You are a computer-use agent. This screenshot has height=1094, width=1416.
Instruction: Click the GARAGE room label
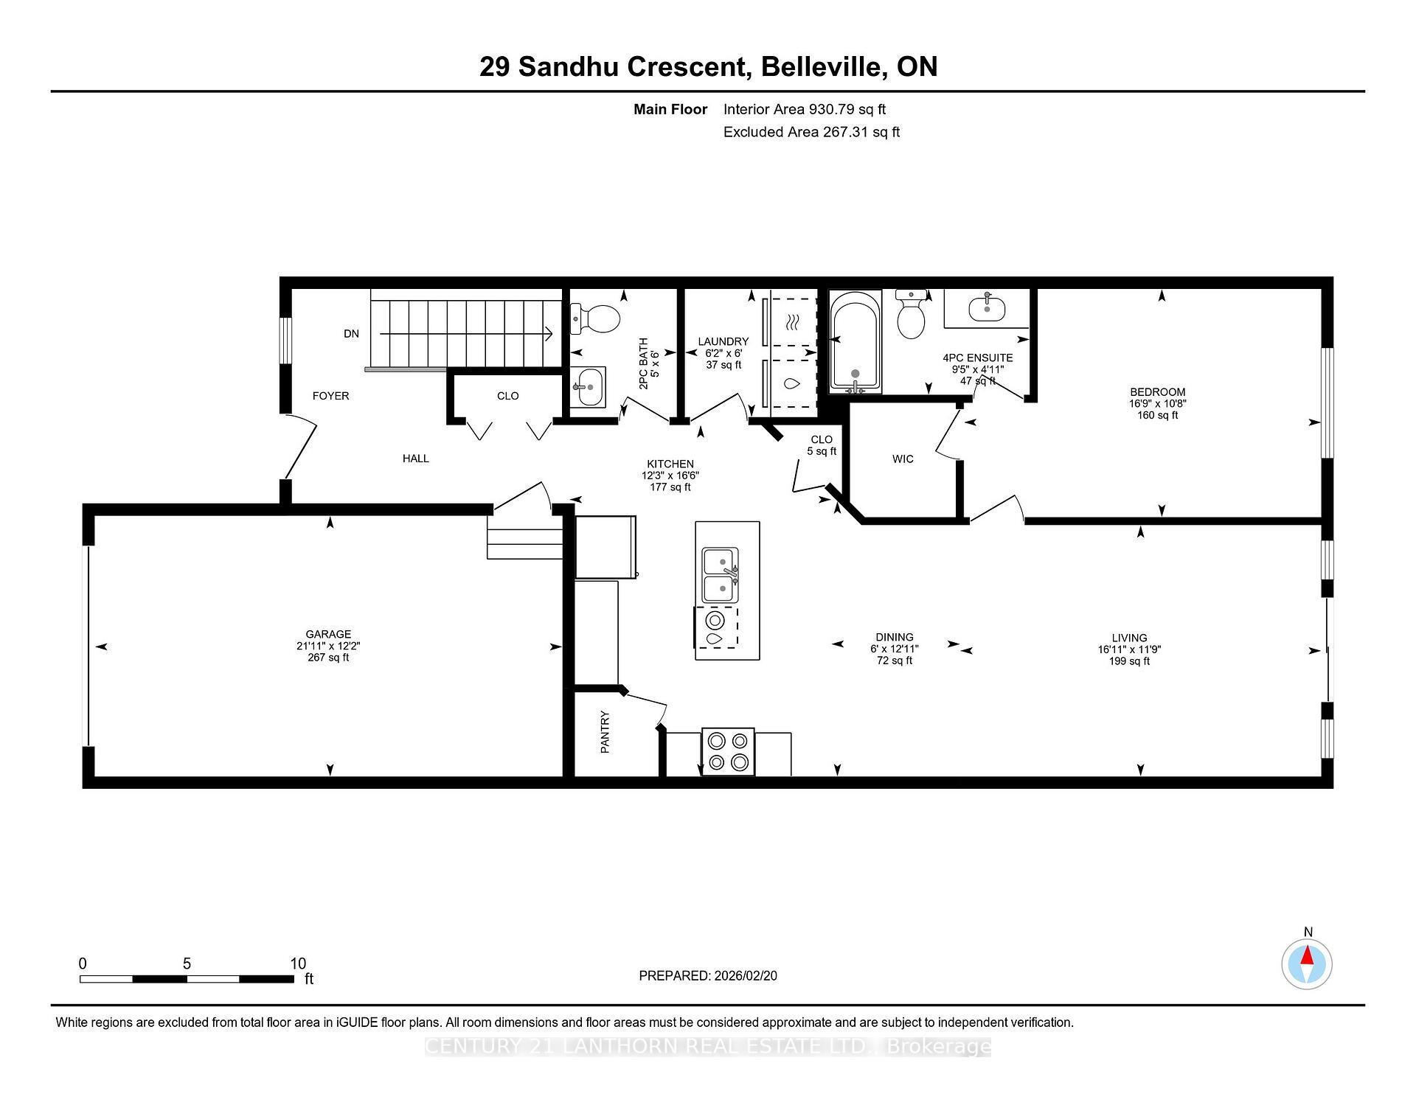(x=328, y=634)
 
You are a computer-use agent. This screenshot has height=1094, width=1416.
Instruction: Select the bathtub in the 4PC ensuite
(x=855, y=341)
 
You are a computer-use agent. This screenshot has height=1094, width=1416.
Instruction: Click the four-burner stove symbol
(x=728, y=751)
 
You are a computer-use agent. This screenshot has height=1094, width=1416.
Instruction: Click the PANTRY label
(x=605, y=731)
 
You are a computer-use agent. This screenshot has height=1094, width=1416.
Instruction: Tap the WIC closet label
(x=903, y=459)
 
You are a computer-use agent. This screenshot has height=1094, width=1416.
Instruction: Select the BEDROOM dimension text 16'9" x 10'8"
(x=1157, y=404)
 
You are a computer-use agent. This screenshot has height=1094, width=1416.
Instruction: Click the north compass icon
(x=1307, y=964)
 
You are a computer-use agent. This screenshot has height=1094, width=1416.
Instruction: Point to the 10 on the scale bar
(x=298, y=964)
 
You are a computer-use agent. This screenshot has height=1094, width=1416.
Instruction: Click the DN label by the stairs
(x=351, y=334)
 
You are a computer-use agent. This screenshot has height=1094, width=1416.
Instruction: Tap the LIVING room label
(x=1129, y=638)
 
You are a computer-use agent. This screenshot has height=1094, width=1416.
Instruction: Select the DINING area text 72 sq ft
(x=894, y=661)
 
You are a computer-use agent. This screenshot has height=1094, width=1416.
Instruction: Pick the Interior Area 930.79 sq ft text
(x=804, y=109)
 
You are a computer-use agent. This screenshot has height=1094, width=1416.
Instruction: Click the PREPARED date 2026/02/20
(x=745, y=975)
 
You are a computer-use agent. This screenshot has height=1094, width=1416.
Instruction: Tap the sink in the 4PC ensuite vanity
(x=986, y=308)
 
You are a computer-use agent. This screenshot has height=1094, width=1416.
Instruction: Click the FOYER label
(x=330, y=396)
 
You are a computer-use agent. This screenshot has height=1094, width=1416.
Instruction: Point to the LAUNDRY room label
(x=723, y=341)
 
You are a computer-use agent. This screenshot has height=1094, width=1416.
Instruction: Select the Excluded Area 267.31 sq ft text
(x=811, y=132)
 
